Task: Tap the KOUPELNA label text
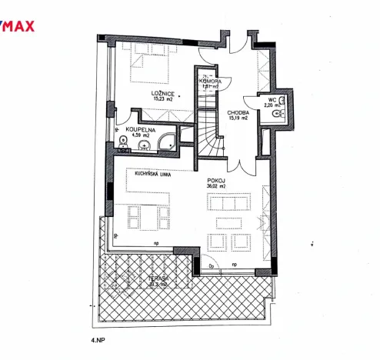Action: tap(142, 131)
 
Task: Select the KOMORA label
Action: tap(210, 81)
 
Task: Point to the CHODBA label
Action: tap(238, 112)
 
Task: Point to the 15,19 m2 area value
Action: tap(238, 118)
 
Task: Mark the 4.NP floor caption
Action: tap(98, 338)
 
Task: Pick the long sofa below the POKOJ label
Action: tap(231, 204)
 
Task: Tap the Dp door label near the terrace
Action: tap(212, 266)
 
